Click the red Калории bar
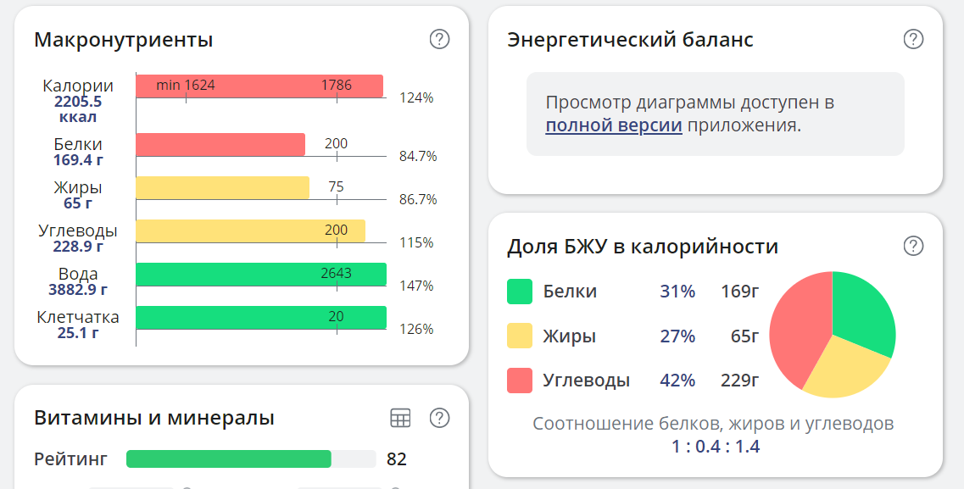pyautogui.click(x=259, y=86)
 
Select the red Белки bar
pyautogui.click(x=220, y=145)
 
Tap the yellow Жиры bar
pyautogui.click(x=222, y=187)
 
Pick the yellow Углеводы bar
pyautogui.click(x=250, y=231)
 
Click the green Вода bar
pyautogui.click(x=261, y=274)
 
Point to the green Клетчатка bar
pyautogui.click(x=261, y=317)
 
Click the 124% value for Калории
pyautogui.click(x=416, y=97)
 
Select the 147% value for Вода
pyautogui.click(x=416, y=286)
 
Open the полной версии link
pyautogui.click(x=614, y=126)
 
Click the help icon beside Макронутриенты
pyautogui.click(x=439, y=39)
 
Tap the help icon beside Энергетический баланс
pyautogui.click(x=913, y=39)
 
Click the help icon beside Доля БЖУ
pyautogui.click(x=913, y=246)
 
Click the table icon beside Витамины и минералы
pyautogui.click(x=400, y=418)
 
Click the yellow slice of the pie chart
pyautogui.click(x=844, y=369)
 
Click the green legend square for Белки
pyautogui.click(x=520, y=292)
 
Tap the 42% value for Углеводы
pyautogui.click(x=677, y=381)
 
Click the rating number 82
pyautogui.click(x=397, y=459)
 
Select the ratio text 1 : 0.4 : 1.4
pyautogui.click(x=716, y=446)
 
